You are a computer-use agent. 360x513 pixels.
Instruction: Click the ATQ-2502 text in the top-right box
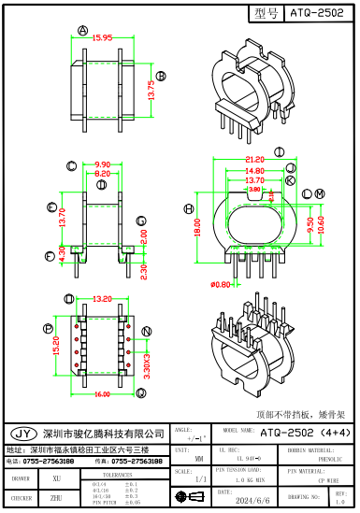(x=318, y=13)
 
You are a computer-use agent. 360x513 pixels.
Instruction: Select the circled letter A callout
(x=82, y=30)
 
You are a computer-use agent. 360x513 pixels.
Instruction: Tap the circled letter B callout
(x=160, y=76)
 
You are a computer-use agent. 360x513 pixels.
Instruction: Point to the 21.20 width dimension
(x=253, y=159)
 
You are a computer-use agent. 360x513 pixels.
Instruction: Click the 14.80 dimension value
(x=253, y=170)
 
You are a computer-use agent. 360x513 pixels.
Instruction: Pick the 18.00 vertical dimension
(x=197, y=221)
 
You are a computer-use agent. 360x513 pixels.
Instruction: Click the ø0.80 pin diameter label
(x=221, y=284)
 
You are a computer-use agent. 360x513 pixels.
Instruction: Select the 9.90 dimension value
(x=101, y=164)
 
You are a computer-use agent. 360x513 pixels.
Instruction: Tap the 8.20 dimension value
(x=101, y=174)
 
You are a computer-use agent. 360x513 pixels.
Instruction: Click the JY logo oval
(x=23, y=434)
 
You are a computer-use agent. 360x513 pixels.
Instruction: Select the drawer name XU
(x=57, y=477)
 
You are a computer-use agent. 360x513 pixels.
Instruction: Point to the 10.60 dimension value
(x=322, y=224)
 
